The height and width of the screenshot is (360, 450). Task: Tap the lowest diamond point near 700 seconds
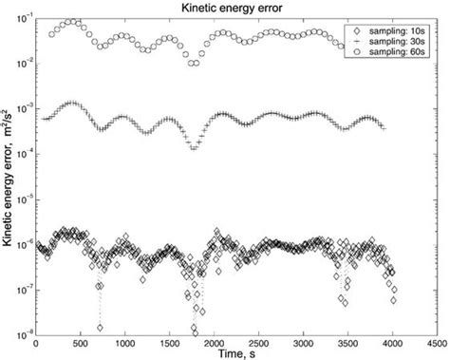[100, 328]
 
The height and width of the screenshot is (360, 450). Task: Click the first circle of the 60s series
[52, 34]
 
